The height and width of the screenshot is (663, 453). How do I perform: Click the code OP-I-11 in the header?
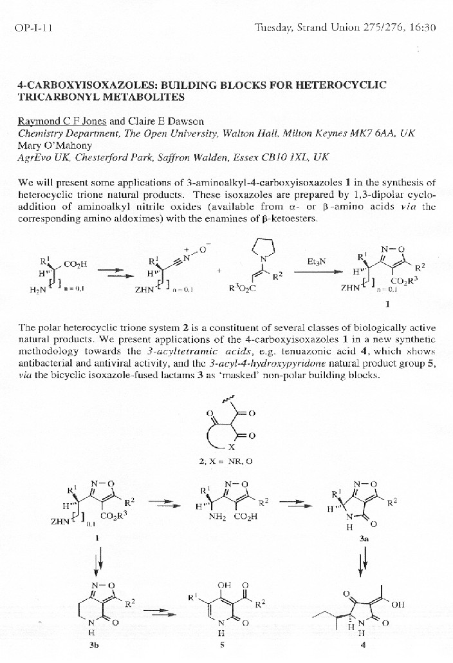pyautogui.click(x=30, y=28)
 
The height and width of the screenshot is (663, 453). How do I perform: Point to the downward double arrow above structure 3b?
pyautogui.click(x=98, y=562)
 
